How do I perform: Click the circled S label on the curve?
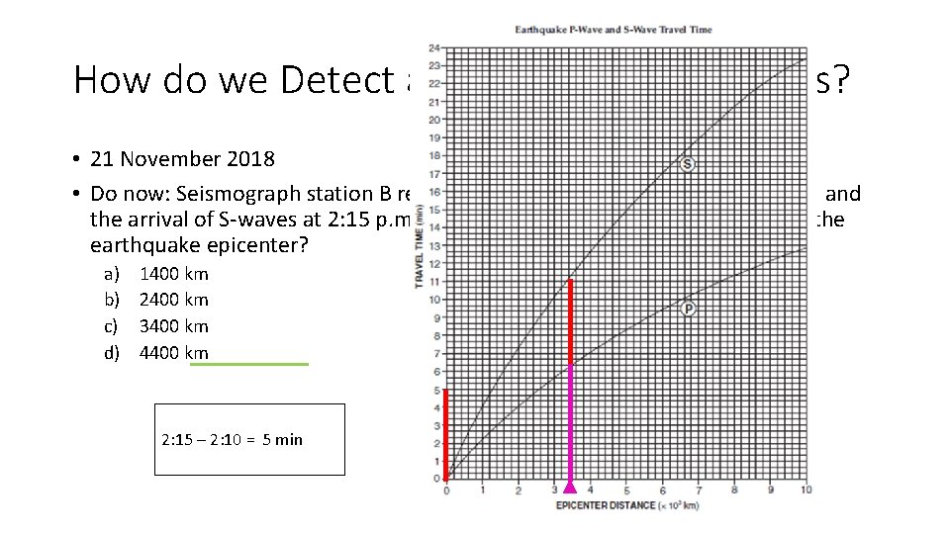click(x=688, y=163)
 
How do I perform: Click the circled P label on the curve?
click(x=688, y=309)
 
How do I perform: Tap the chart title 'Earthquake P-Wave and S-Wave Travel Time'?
click(x=614, y=30)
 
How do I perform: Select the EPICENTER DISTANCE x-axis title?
click(x=626, y=505)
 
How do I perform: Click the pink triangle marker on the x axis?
click(x=570, y=486)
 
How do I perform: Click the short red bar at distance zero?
click(x=446, y=434)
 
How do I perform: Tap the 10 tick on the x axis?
click(x=807, y=490)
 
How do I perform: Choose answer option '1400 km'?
click(x=174, y=274)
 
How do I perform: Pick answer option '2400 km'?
click(x=174, y=300)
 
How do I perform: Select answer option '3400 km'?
click(x=174, y=326)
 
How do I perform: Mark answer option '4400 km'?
click(x=174, y=352)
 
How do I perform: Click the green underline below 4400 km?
click(x=248, y=364)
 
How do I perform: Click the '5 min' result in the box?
click(x=282, y=439)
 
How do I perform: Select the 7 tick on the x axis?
click(x=699, y=490)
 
